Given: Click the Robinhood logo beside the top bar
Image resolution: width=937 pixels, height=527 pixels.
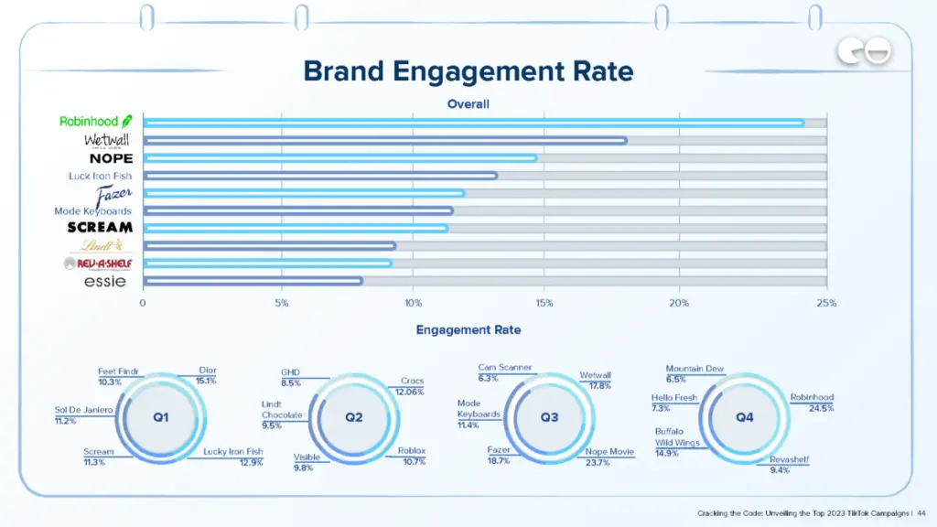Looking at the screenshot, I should pyautogui.click(x=95, y=122).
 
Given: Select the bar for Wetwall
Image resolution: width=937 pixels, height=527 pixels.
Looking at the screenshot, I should pyautogui.click(x=384, y=140).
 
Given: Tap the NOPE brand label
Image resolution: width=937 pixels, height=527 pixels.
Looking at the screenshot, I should pyautogui.click(x=111, y=158).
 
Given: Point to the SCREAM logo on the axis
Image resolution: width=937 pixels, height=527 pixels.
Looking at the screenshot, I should pyautogui.click(x=100, y=227).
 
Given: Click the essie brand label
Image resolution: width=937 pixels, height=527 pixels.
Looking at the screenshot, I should pyautogui.click(x=104, y=282).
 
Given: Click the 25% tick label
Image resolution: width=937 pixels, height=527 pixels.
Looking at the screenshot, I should pyautogui.click(x=825, y=303).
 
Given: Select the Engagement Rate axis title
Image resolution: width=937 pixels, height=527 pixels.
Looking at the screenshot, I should pyautogui.click(x=468, y=329).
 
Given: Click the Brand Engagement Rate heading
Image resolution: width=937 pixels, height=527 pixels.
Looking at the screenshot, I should pyautogui.click(x=468, y=70).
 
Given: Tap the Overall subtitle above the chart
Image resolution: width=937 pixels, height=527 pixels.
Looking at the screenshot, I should pyautogui.click(x=468, y=104).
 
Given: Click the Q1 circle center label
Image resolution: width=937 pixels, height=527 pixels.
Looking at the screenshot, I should pyautogui.click(x=161, y=416).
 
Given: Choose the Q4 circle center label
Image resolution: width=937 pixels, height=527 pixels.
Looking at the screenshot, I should pyautogui.click(x=745, y=416).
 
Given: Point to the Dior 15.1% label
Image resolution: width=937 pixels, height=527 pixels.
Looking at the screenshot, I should pyautogui.click(x=207, y=375).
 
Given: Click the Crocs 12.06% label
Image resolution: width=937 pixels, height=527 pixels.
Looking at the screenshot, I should pyautogui.click(x=412, y=386).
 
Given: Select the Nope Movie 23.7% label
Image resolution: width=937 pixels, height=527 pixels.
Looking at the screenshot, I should pyautogui.click(x=609, y=457).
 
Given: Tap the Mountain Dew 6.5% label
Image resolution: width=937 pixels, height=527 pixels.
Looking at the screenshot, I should pyautogui.click(x=694, y=373).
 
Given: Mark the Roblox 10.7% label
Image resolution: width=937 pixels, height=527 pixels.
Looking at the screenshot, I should pyautogui.click(x=412, y=456).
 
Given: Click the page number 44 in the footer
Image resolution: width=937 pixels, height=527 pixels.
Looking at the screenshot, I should pyautogui.click(x=921, y=513).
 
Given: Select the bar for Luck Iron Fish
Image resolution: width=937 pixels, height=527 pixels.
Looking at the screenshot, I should pyautogui.click(x=320, y=176).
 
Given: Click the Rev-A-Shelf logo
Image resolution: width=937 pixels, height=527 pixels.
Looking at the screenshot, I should pyautogui.click(x=98, y=263).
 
